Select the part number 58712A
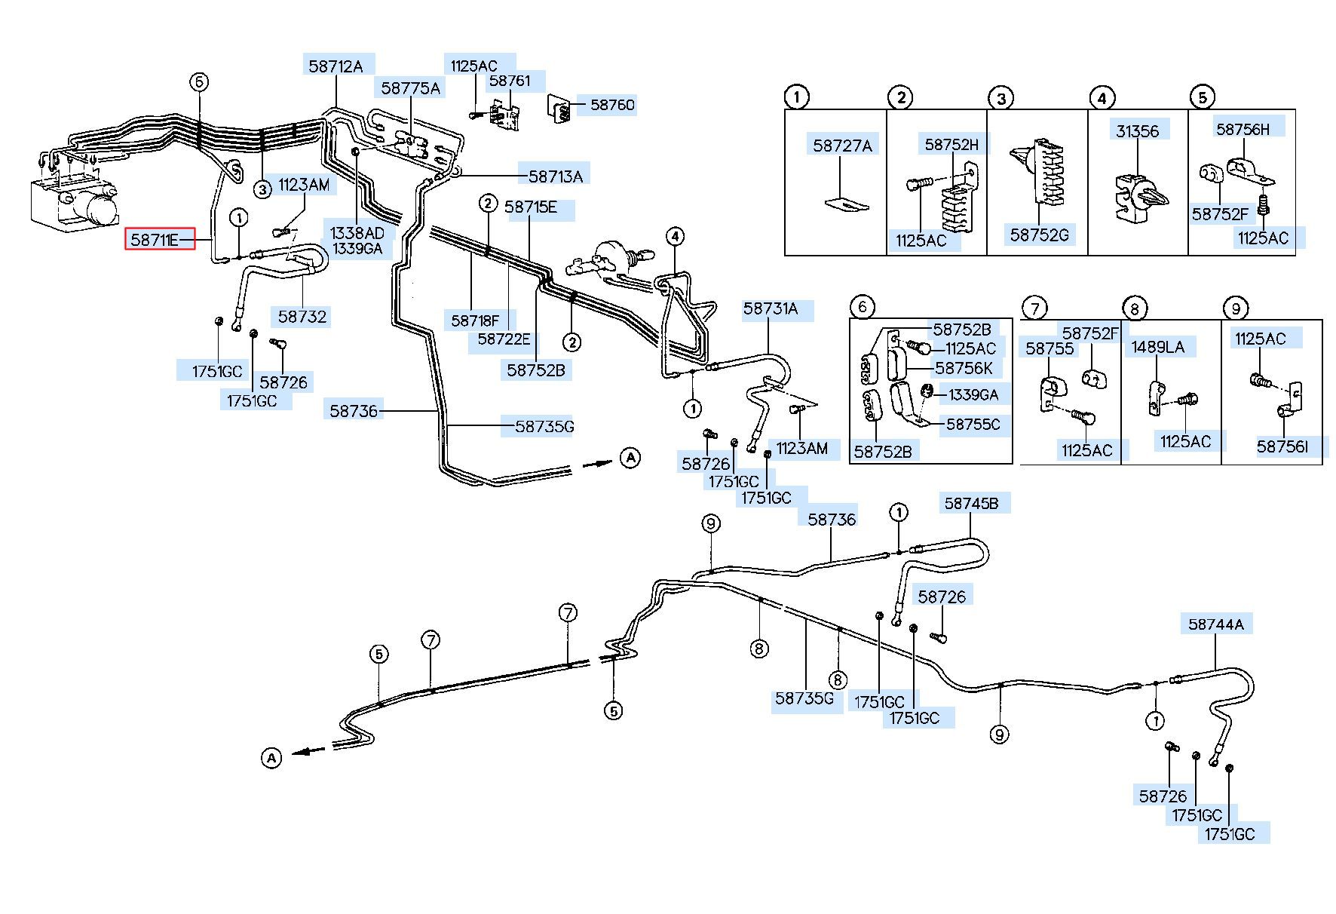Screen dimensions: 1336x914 click(x=336, y=66)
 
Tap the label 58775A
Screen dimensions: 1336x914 click(x=410, y=88)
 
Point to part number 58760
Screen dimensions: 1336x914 click(x=612, y=105)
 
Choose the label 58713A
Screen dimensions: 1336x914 click(x=556, y=176)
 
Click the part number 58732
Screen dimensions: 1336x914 click(x=302, y=317)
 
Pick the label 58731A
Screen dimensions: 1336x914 click(x=771, y=308)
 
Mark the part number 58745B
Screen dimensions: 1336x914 click(x=972, y=503)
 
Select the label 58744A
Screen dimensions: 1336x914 click(x=1216, y=624)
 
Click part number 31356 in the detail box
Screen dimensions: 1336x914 click(x=1138, y=131)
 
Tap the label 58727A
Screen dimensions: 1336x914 click(x=842, y=146)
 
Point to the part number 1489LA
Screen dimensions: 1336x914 click(x=1158, y=347)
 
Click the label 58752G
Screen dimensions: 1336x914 click(x=1040, y=235)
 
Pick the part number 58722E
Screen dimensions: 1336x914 click(x=504, y=339)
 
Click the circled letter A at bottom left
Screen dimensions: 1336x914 click(x=271, y=757)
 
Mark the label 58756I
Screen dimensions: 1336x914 click(x=1282, y=446)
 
